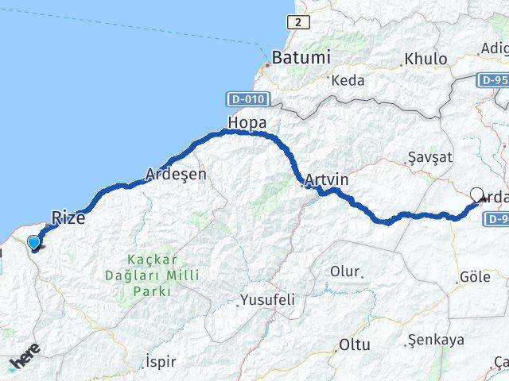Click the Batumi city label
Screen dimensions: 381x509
(x=301, y=58)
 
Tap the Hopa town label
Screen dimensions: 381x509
(x=247, y=123)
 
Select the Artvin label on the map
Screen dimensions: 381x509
(x=327, y=181)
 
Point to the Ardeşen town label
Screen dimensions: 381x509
(x=176, y=173)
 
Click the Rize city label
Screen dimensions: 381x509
(x=68, y=217)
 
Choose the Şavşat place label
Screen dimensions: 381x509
(x=429, y=157)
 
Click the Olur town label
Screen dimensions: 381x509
(x=345, y=271)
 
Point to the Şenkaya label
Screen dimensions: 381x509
(x=435, y=340)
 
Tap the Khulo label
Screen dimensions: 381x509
(x=425, y=59)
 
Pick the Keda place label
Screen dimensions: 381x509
(x=348, y=80)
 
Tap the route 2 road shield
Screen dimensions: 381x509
(x=297, y=22)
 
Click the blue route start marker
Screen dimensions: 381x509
(x=33, y=244)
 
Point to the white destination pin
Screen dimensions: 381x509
(x=477, y=194)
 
